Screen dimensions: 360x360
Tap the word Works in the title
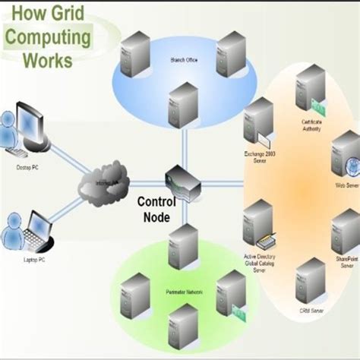49,58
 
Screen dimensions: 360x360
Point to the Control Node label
156,209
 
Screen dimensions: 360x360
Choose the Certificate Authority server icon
311,90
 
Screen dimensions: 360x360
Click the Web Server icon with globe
346,155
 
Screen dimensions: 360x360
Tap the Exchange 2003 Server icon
259,122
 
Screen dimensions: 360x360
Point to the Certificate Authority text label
311,125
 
